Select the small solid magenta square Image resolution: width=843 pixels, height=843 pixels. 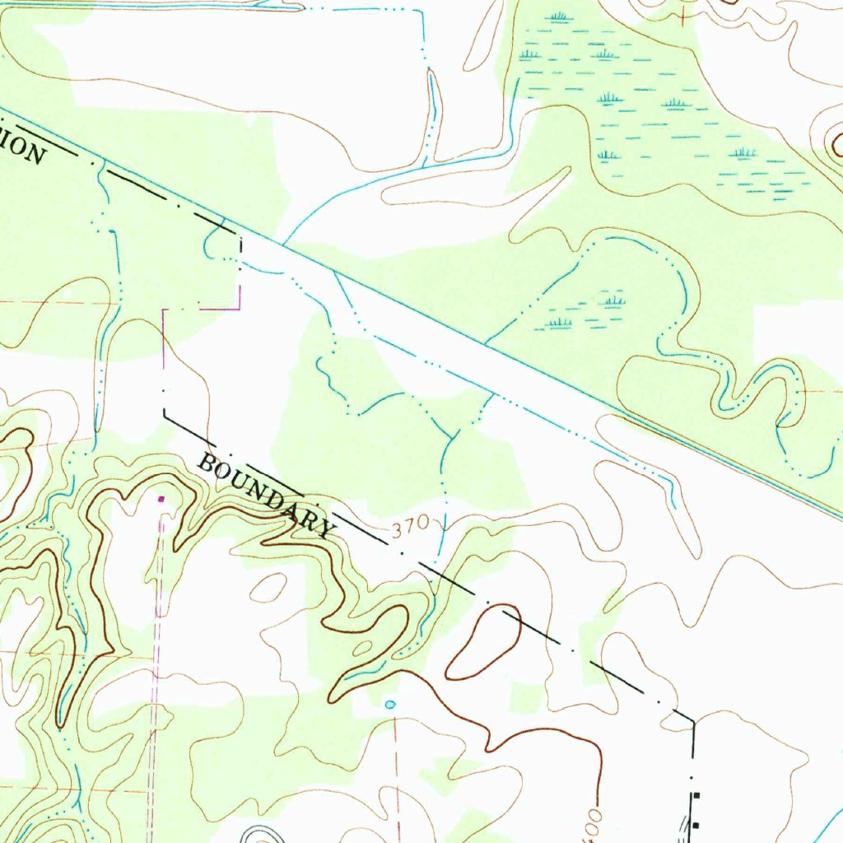tap(161, 498)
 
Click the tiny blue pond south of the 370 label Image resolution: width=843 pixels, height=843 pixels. tap(390, 705)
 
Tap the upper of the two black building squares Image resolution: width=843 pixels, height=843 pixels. tap(696, 797)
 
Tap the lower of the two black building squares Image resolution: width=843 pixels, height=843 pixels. tap(696, 824)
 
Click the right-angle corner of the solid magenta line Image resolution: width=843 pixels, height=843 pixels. tap(240, 309)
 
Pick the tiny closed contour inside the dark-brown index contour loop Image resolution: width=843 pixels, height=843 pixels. tap(361, 649)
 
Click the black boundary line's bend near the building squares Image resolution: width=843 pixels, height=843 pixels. tap(693, 721)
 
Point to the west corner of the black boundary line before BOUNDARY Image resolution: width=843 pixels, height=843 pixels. tap(164, 413)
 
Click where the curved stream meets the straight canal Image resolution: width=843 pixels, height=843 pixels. tap(284, 244)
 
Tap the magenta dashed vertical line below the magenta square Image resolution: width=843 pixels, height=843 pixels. tap(156, 659)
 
